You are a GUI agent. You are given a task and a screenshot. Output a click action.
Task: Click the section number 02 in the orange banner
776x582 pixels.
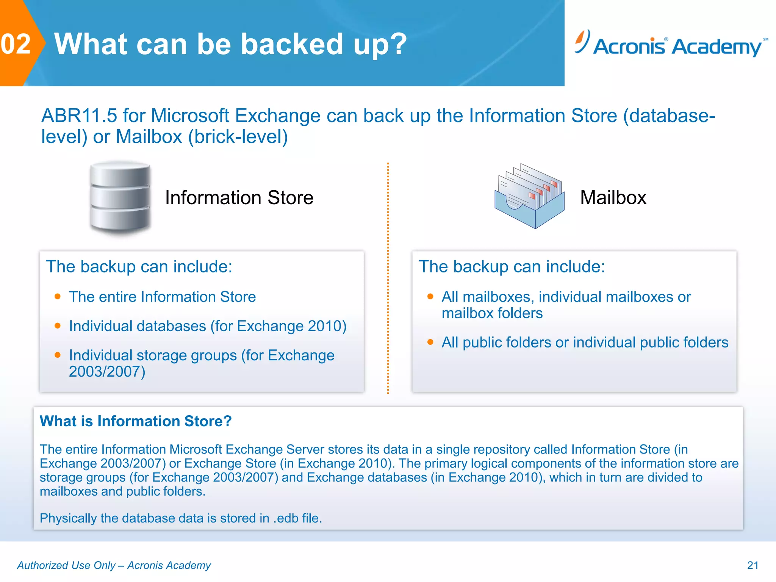16,44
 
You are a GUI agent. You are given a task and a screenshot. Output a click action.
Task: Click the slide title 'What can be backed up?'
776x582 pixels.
230,44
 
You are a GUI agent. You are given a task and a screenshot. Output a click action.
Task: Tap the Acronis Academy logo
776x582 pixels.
671,45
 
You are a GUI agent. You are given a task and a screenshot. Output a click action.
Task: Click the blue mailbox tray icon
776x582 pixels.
529,197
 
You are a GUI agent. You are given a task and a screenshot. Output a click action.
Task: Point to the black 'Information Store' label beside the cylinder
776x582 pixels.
239,198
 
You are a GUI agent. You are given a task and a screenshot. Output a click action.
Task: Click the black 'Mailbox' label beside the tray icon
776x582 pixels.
613,198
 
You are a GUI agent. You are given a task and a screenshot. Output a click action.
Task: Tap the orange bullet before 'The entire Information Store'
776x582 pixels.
58,296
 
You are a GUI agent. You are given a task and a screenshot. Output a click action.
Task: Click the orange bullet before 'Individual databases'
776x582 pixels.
58,325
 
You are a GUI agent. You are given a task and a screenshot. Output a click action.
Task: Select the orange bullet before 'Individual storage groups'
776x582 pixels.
58,355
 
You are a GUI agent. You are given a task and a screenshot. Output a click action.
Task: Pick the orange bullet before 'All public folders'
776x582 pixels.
430,342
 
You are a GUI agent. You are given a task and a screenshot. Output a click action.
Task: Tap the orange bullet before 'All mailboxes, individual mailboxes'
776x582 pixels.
430,296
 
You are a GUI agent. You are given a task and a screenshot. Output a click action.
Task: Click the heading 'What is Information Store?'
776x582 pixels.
136,421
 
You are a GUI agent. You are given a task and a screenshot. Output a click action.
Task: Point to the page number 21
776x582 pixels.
753,565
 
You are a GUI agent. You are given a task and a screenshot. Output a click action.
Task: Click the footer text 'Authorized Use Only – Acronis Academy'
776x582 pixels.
114,565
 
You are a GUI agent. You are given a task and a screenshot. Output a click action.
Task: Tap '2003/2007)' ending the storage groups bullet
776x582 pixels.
107,372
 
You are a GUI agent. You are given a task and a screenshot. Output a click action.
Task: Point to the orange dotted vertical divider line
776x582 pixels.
388,278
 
